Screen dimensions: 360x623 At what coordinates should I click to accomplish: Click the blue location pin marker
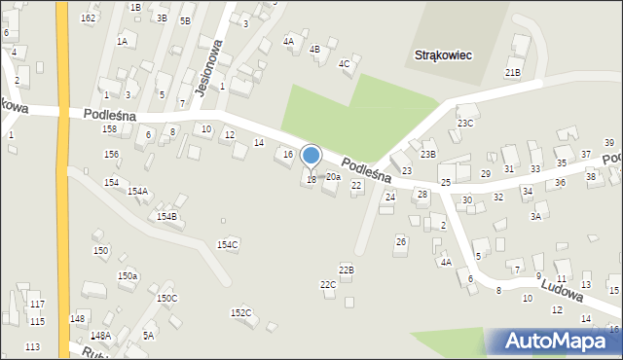coord(311,156)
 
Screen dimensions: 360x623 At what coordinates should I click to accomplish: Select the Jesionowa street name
coord(210,67)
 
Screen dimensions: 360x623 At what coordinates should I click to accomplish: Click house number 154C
coord(228,245)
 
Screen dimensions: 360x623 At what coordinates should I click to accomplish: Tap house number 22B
coord(347,269)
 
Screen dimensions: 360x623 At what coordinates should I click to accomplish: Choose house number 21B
coord(513,73)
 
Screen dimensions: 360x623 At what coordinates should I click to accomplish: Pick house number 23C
coord(465,123)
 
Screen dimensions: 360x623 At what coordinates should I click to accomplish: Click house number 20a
coord(333,177)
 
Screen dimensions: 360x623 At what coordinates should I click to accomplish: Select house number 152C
coord(240,312)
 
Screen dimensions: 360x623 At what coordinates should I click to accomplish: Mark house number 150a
coord(128,276)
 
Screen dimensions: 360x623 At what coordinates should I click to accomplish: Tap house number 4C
coord(344,64)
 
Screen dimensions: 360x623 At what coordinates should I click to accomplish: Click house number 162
coord(89,18)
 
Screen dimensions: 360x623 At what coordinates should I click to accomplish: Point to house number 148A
coord(100,336)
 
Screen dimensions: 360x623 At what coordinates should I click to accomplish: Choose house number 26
coord(400,241)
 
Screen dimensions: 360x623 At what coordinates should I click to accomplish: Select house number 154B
coord(166,216)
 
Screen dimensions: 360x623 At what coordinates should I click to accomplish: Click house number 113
coord(33,346)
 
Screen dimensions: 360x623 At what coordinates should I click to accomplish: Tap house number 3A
coord(535,217)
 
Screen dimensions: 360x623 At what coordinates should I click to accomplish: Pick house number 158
coord(110,129)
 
